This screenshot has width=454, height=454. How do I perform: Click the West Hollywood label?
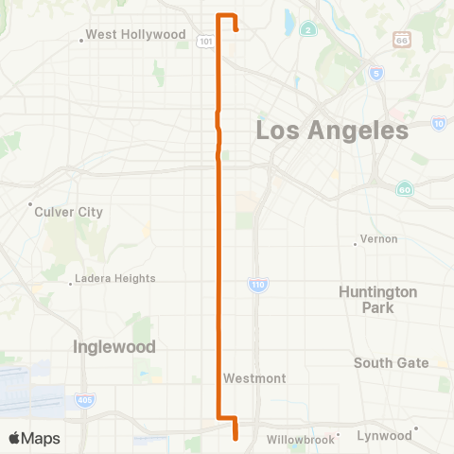[x=135, y=35]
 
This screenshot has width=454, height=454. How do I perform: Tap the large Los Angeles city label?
[x=331, y=130]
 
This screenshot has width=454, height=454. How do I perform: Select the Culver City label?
[x=68, y=212]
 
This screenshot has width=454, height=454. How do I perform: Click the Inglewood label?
[x=114, y=347]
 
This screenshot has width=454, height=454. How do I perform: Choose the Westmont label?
[x=254, y=378]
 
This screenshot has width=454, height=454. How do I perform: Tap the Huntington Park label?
[x=377, y=299]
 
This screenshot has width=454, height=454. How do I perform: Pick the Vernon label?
[x=377, y=239]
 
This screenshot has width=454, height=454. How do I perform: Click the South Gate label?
[x=391, y=362]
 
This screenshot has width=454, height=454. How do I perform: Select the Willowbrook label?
[x=301, y=440]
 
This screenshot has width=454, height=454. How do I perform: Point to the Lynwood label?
[x=384, y=435]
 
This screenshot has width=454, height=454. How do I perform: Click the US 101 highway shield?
[x=205, y=42]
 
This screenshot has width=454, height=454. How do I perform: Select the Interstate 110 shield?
[x=257, y=284]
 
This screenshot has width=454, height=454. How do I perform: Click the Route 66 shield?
[x=402, y=41]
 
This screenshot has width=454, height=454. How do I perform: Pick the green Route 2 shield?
[x=308, y=30]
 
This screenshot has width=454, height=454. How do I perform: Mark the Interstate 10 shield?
[x=438, y=123]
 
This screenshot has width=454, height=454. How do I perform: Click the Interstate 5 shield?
[x=377, y=73]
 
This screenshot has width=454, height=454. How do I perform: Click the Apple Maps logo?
[x=34, y=438]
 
